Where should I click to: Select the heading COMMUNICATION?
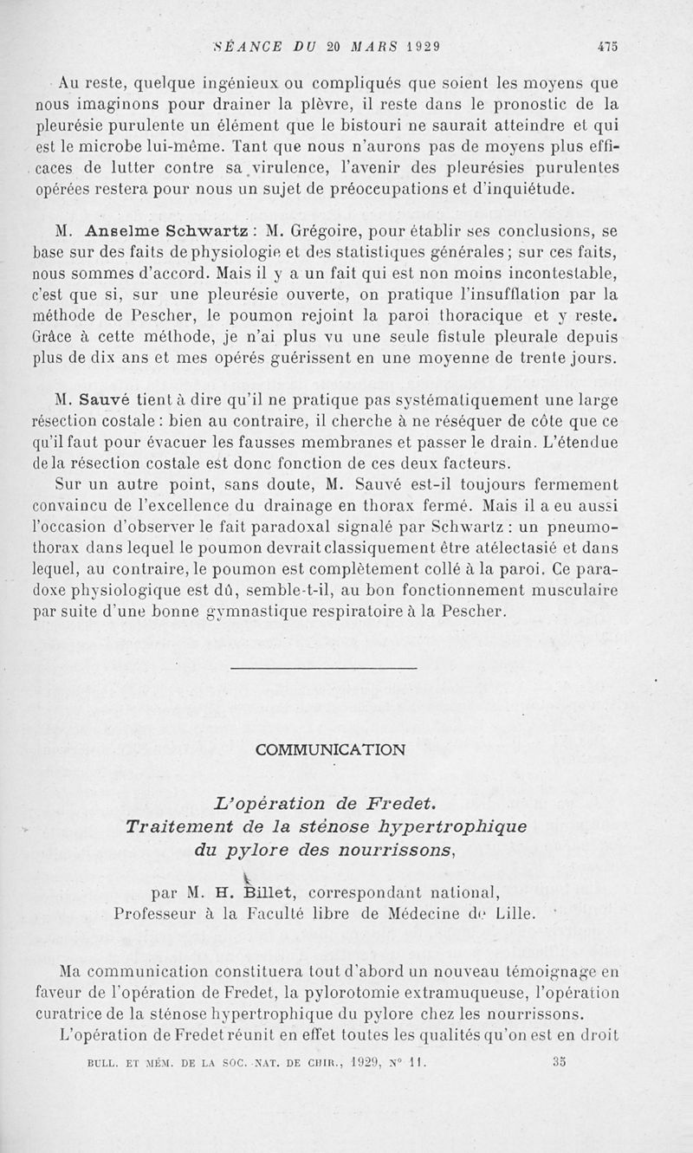pyautogui.click(x=330, y=750)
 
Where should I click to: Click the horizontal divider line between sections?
pyautogui.click(x=325, y=667)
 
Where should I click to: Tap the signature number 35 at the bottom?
pyautogui.click(x=558, y=1057)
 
